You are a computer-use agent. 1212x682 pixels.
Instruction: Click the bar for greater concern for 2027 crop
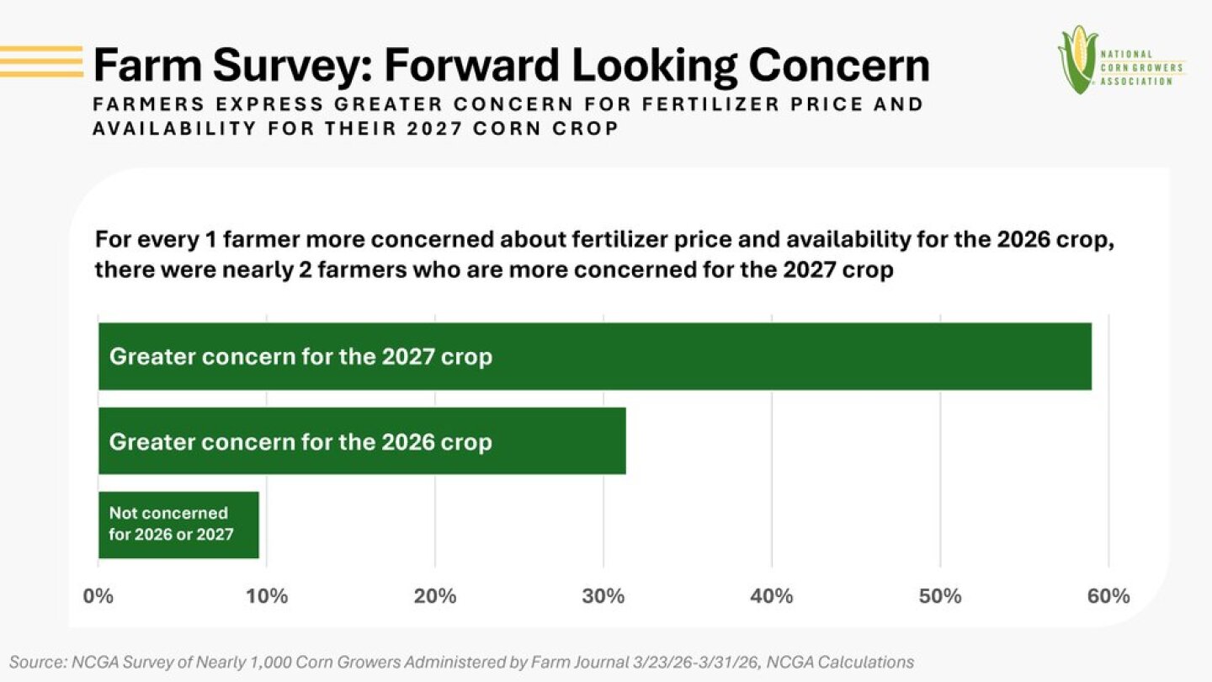pyautogui.click(x=594, y=356)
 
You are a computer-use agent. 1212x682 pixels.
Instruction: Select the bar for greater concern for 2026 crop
pyautogui.click(x=362, y=440)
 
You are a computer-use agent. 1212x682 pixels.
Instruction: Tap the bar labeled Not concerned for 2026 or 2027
pyautogui.click(x=178, y=524)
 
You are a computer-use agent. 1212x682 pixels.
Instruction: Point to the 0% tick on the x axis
pyautogui.click(x=98, y=596)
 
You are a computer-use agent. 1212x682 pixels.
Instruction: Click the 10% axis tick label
pyautogui.click(x=267, y=596)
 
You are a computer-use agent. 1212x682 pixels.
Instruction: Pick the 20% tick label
pyautogui.click(x=435, y=596)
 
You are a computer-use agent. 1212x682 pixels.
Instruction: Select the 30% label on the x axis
pyautogui.click(x=603, y=596)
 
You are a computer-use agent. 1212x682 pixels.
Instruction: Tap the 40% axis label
pyautogui.click(x=772, y=596)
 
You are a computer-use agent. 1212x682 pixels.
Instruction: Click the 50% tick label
pyautogui.click(x=940, y=596)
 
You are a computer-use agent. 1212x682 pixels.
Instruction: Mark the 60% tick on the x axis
pyautogui.click(x=1108, y=596)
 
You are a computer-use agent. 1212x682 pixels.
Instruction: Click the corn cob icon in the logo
pyautogui.click(x=1077, y=59)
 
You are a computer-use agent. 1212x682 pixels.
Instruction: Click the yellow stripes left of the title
pyautogui.click(x=41, y=61)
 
